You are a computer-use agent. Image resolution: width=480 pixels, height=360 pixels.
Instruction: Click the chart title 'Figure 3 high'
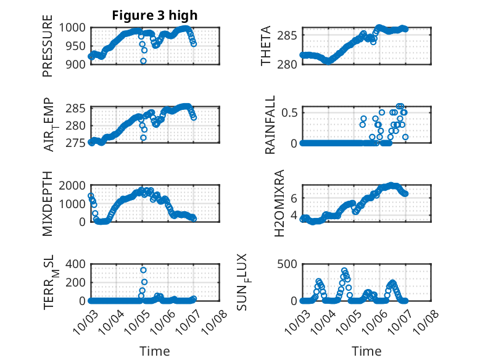[155, 15]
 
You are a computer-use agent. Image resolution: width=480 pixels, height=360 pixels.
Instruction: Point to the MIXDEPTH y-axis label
[48, 204]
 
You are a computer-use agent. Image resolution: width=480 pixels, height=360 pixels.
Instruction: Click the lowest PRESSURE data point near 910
[143, 61]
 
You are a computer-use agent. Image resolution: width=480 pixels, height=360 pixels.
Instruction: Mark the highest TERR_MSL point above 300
[143, 270]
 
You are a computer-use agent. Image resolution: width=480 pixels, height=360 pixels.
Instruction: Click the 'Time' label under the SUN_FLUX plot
[366, 351]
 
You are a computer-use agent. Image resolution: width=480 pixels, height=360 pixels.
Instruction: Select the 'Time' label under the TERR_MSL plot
[154, 351]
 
